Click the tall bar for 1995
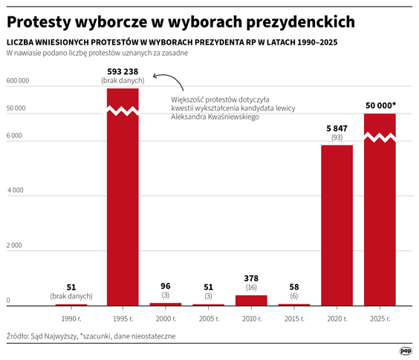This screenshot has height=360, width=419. (123, 200)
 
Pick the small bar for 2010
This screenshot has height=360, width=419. (251, 300)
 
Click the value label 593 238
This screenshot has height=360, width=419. (123, 72)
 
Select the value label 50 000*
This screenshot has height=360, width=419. (380, 106)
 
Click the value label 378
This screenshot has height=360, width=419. (251, 278)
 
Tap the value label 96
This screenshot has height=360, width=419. (166, 286)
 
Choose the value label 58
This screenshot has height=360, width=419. (294, 286)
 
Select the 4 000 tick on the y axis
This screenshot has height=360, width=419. (16, 191)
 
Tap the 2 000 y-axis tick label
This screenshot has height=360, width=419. (16, 246)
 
